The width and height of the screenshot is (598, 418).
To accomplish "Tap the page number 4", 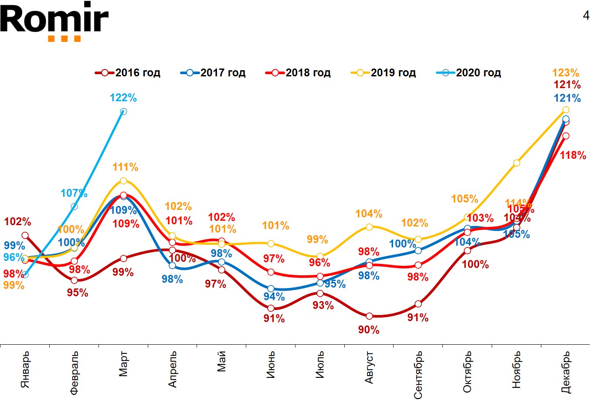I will pyautogui.click(x=586, y=16).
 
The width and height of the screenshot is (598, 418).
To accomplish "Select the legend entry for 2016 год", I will pyautogui.click(x=128, y=73).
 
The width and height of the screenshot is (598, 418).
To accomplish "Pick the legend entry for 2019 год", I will pyautogui.click(x=384, y=73).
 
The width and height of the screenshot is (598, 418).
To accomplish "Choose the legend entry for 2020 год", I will pyautogui.click(x=469, y=73).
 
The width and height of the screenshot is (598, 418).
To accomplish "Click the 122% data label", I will pyautogui.click(x=123, y=98).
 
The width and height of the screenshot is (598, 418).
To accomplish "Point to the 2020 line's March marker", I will pyautogui.click(x=123, y=112).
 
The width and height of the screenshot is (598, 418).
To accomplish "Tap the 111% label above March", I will pyautogui.click(x=125, y=167).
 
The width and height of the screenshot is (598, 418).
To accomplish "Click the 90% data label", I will pyautogui.click(x=369, y=330).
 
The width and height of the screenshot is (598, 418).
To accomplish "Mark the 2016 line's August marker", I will pyautogui.click(x=369, y=316).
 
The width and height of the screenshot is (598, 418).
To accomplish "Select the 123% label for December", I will pyautogui.click(x=565, y=72).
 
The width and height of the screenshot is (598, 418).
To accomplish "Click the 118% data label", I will pyautogui.click(x=573, y=155).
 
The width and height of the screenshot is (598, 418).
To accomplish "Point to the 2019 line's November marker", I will pyautogui.click(x=516, y=163).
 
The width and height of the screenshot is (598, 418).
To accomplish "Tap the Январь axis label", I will pyautogui.click(x=25, y=369).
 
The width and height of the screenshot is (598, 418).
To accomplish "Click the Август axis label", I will pyautogui.click(x=369, y=367).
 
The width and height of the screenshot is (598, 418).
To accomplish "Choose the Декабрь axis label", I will pyautogui.click(x=566, y=372).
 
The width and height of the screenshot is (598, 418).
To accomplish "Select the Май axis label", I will pyautogui.click(x=222, y=361).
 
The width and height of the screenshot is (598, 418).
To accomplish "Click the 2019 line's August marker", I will pyautogui.click(x=369, y=227).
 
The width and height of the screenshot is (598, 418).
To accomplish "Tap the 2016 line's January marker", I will pyautogui.click(x=25, y=236).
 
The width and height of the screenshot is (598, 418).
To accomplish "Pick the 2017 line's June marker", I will pyautogui.click(x=271, y=289).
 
